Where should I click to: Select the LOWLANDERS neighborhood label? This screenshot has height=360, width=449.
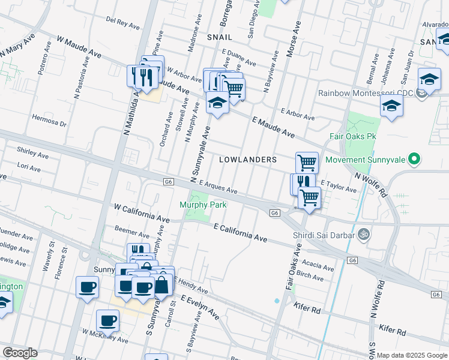click(x=248, y=160)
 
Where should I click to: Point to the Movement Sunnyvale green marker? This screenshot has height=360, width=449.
click(x=413, y=160)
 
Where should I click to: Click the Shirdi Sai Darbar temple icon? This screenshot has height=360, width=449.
click(x=362, y=234)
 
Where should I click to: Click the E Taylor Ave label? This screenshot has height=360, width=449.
click(x=339, y=186)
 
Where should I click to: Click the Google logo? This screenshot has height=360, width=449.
click(x=20, y=353)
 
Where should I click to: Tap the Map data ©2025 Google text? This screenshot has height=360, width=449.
click(x=412, y=355)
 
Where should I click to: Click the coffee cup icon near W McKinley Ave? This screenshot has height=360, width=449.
click(x=108, y=320)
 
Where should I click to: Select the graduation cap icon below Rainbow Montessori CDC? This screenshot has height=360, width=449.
click(x=391, y=106)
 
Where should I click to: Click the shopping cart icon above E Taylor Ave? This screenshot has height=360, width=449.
click(x=307, y=161)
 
